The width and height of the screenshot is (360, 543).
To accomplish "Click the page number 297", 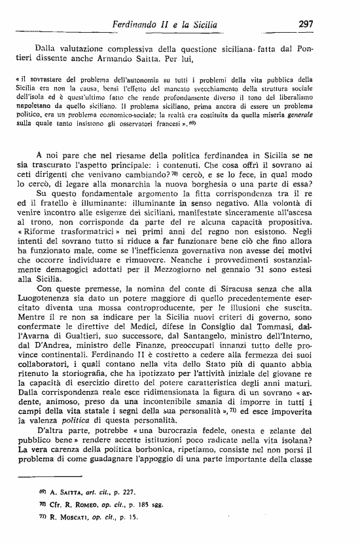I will tap(305, 24).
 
